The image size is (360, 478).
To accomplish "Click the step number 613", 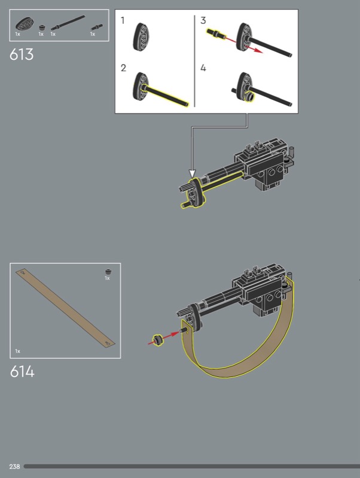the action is [22, 54].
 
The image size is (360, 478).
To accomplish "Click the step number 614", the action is [22, 372].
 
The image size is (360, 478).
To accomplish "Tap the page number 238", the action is [14, 467].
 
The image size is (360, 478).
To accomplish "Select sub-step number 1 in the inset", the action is [123, 20].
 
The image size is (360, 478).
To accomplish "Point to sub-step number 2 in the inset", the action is [123, 68].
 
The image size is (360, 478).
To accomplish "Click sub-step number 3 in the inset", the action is [203, 20].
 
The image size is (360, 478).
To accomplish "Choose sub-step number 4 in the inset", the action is [203, 68].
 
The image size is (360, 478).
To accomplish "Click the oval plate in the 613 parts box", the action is [25, 23].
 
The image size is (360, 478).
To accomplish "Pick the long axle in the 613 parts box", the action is [68, 23].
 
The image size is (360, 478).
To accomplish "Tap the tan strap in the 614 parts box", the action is [65, 308].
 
